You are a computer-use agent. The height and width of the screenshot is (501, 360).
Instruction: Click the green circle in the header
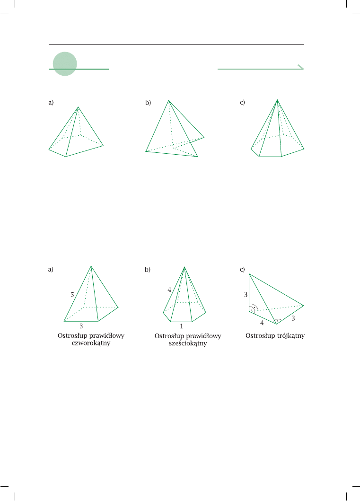[x=65, y=64]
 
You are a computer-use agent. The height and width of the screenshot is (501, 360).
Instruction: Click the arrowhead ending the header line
[x=301, y=67]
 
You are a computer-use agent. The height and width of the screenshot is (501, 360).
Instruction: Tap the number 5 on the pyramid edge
[x=72, y=295]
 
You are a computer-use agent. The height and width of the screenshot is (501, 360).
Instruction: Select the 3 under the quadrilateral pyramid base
[x=81, y=326]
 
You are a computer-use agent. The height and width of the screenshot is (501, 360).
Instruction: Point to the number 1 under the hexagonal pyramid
[x=182, y=326]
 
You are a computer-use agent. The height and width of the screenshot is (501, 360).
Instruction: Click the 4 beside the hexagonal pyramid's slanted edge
[x=169, y=290]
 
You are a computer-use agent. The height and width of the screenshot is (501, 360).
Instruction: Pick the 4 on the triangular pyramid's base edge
[x=262, y=323]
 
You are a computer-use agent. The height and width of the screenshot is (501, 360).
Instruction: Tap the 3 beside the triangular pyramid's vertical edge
[x=246, y=295]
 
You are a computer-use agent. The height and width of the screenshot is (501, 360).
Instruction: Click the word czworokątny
[x=91, y=343]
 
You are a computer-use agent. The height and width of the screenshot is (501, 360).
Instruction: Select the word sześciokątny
[x=188, y=343]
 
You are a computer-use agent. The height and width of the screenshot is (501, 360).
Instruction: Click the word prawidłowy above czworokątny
[x=107, y=336]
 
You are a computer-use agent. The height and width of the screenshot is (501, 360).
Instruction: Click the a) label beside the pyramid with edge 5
[x=51, y=269]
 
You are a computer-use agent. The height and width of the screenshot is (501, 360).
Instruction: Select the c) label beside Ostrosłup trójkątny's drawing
[x=242, y=269]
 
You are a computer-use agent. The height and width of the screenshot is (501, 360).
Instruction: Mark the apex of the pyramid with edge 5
[x=91, y=266]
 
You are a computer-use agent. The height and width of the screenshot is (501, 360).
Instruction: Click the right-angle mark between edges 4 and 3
[x=277, y=320]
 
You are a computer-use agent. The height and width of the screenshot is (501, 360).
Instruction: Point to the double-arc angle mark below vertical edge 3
[x=254, y=308]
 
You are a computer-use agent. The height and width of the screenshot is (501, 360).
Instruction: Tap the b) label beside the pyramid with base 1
[x=147, y=269]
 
